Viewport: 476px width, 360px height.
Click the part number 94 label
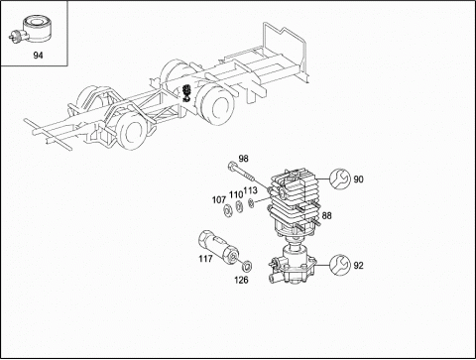(38, 56)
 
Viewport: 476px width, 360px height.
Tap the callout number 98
(243, 159)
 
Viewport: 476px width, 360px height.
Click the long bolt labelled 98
(241, 173)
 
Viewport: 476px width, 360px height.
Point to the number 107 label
(219, 200)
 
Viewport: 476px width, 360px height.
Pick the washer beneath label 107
(228, 210)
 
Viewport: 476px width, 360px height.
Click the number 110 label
(236, 195)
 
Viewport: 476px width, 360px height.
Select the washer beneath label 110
(239, 206)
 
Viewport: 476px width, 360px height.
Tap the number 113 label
(250, 190)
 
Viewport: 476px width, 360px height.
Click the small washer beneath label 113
(251, 203)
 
